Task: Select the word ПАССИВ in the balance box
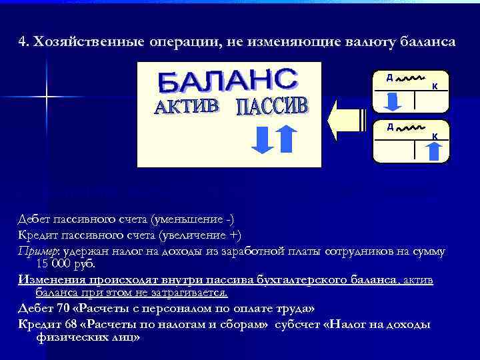273,107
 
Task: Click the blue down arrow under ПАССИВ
263,138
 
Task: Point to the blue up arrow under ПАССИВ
285,138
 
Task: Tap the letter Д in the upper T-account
389,77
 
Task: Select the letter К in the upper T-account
435,86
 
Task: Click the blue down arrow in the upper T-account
393,101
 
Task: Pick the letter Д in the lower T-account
389,126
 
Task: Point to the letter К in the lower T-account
435,136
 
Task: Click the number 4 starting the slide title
21,42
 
